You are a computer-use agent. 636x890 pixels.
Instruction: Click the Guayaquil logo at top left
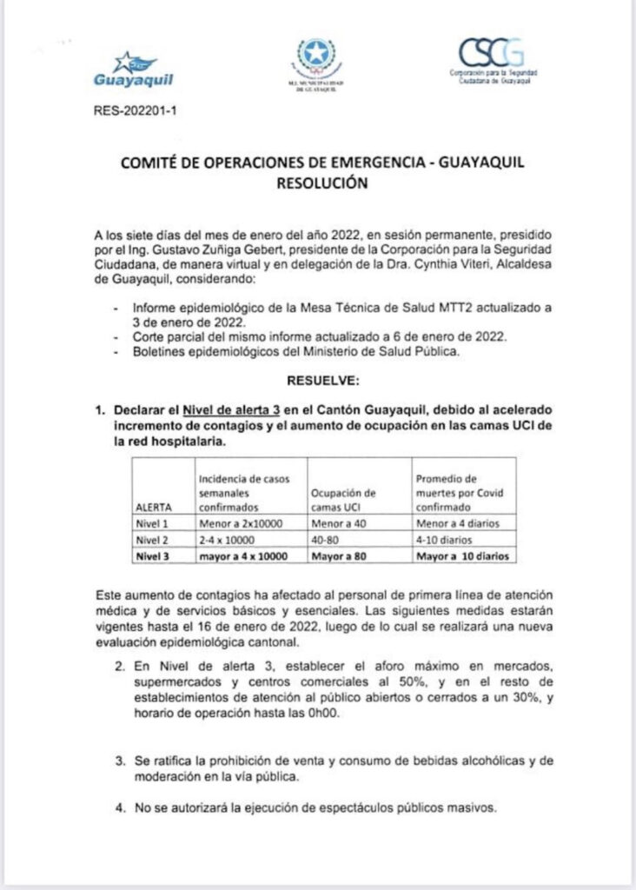[x=132, y=70]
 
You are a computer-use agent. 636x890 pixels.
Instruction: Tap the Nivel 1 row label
[x=154, y=523]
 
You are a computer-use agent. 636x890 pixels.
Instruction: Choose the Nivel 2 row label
[x=154, y=539]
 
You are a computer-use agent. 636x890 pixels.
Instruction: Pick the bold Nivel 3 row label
[x=154, y=555]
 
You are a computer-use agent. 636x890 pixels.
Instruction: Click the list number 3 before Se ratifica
[x=119, y=761]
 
